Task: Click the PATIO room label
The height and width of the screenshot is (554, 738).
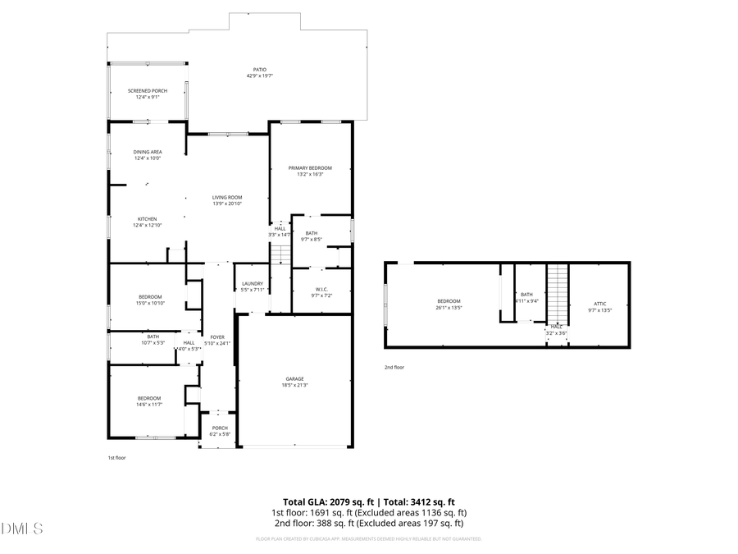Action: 258,70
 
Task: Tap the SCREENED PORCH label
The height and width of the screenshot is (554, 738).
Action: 148,90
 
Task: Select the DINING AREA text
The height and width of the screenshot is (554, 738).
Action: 148,152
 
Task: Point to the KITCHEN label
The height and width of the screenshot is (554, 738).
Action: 148,219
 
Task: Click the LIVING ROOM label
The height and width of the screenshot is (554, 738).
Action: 227,197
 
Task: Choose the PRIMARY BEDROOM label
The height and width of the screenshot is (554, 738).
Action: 310,167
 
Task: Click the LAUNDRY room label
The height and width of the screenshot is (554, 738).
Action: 253,283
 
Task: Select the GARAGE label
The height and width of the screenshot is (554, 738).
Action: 295,378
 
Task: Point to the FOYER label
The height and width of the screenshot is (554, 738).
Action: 217,337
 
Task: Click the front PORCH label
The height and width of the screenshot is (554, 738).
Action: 220,428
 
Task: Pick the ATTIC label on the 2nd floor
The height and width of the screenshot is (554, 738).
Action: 600,304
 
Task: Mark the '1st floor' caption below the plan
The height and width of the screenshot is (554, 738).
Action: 117,458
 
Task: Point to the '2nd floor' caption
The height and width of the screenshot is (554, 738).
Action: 394,367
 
